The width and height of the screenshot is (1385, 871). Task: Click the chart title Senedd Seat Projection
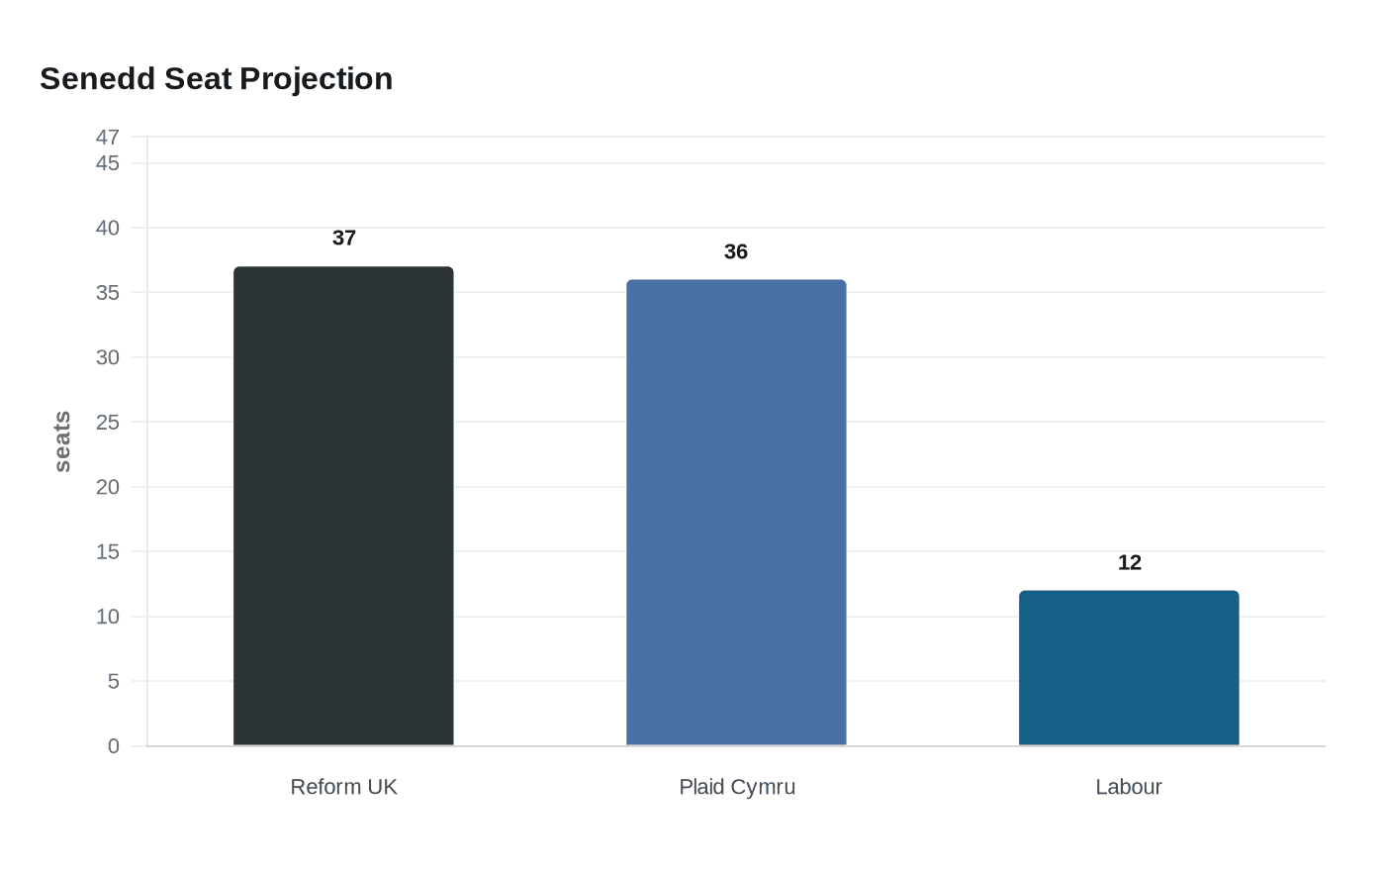tap(216, 79)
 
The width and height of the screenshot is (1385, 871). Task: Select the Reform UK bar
tap(343, 506)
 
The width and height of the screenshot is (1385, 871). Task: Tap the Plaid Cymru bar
tap(736, 513)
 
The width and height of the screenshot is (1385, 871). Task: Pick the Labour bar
tap(1129, 668)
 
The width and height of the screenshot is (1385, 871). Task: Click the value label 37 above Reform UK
tap(344, 239)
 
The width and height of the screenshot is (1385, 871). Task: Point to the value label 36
tap(736, 252)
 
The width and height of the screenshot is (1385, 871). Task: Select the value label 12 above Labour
tap(1129, 563)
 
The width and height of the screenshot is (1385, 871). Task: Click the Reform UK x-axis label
tap(343, 787)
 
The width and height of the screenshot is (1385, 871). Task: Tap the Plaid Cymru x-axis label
tap(737, 787)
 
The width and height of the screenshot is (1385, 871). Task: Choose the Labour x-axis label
tap(1129, 787)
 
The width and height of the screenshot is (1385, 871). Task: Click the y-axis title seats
tap(62, 441)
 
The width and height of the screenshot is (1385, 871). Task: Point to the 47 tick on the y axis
tap(108, 137)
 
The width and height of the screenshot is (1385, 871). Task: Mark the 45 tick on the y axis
tap(108, 163)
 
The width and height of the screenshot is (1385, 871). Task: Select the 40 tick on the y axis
tap(108, 228)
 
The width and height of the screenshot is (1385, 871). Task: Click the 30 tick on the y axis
tap(108, 357)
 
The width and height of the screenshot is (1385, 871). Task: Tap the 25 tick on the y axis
tap(108, 423)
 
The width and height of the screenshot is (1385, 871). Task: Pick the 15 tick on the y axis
tap(108, 552)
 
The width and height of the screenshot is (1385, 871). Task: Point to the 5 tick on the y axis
tap(114, 682)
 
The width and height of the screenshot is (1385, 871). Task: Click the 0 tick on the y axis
tap(114, 746)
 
